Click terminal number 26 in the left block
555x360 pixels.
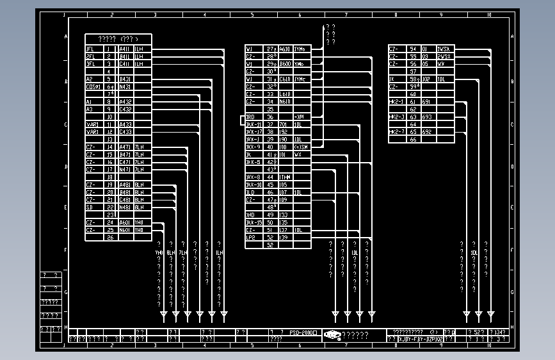coord(109,238)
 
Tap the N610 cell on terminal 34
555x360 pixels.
coord(285,101)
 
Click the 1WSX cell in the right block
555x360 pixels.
coord(444,49)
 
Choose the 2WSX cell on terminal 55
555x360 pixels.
coord(444,56)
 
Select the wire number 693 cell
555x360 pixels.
coord(427,117)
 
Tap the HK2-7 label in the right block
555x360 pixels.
coord(396,131)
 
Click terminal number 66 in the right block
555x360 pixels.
coord(413,139)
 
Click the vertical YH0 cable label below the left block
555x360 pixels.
coord(159,252)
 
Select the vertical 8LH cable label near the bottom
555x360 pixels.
coord(171,252)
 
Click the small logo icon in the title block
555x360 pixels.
coord(332,334)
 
